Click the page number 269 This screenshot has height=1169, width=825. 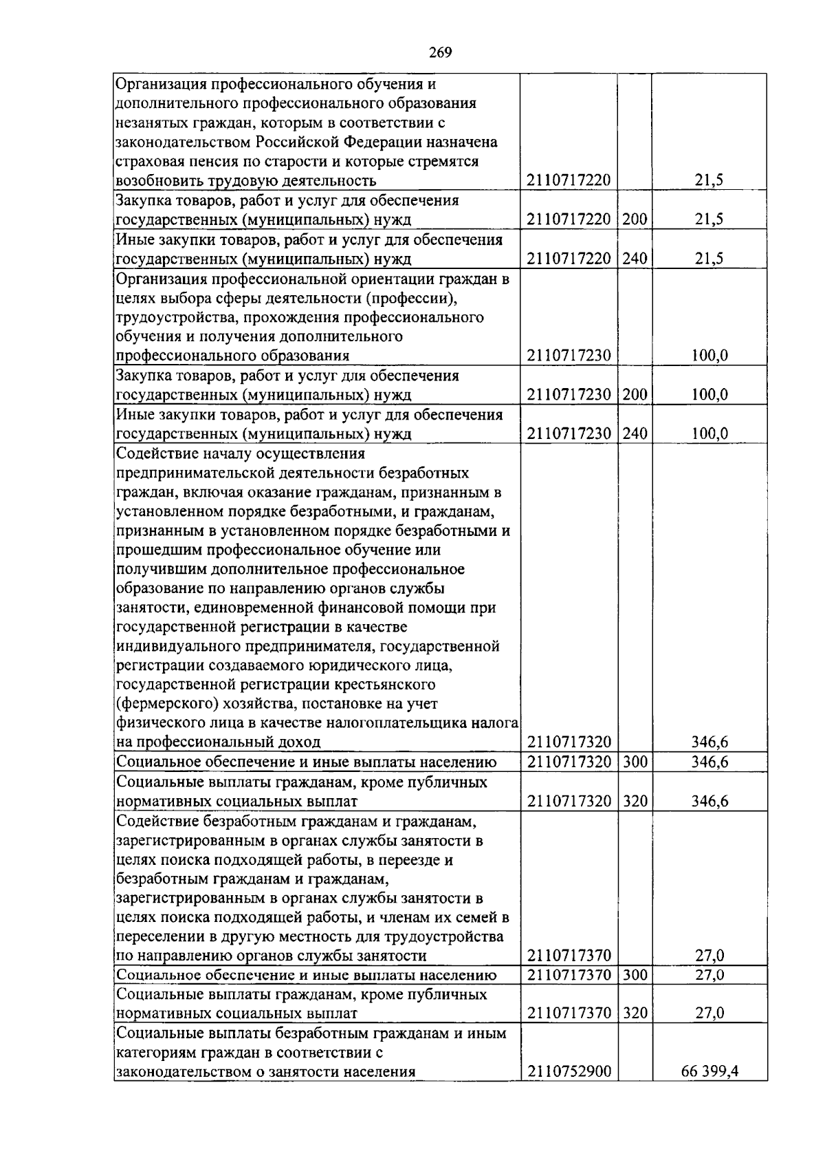pos(440,53)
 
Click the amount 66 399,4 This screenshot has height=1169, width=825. pos(709,1091)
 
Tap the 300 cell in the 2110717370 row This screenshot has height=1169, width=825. pos(635,975)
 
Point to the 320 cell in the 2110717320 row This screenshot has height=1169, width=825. pos(635,801)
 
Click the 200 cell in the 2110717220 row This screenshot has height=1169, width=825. pos(635,219)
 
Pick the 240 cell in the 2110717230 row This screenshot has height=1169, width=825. pos(635,433)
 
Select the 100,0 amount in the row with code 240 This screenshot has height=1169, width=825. pos(709,433)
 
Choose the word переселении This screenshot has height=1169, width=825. pos(160,936)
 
